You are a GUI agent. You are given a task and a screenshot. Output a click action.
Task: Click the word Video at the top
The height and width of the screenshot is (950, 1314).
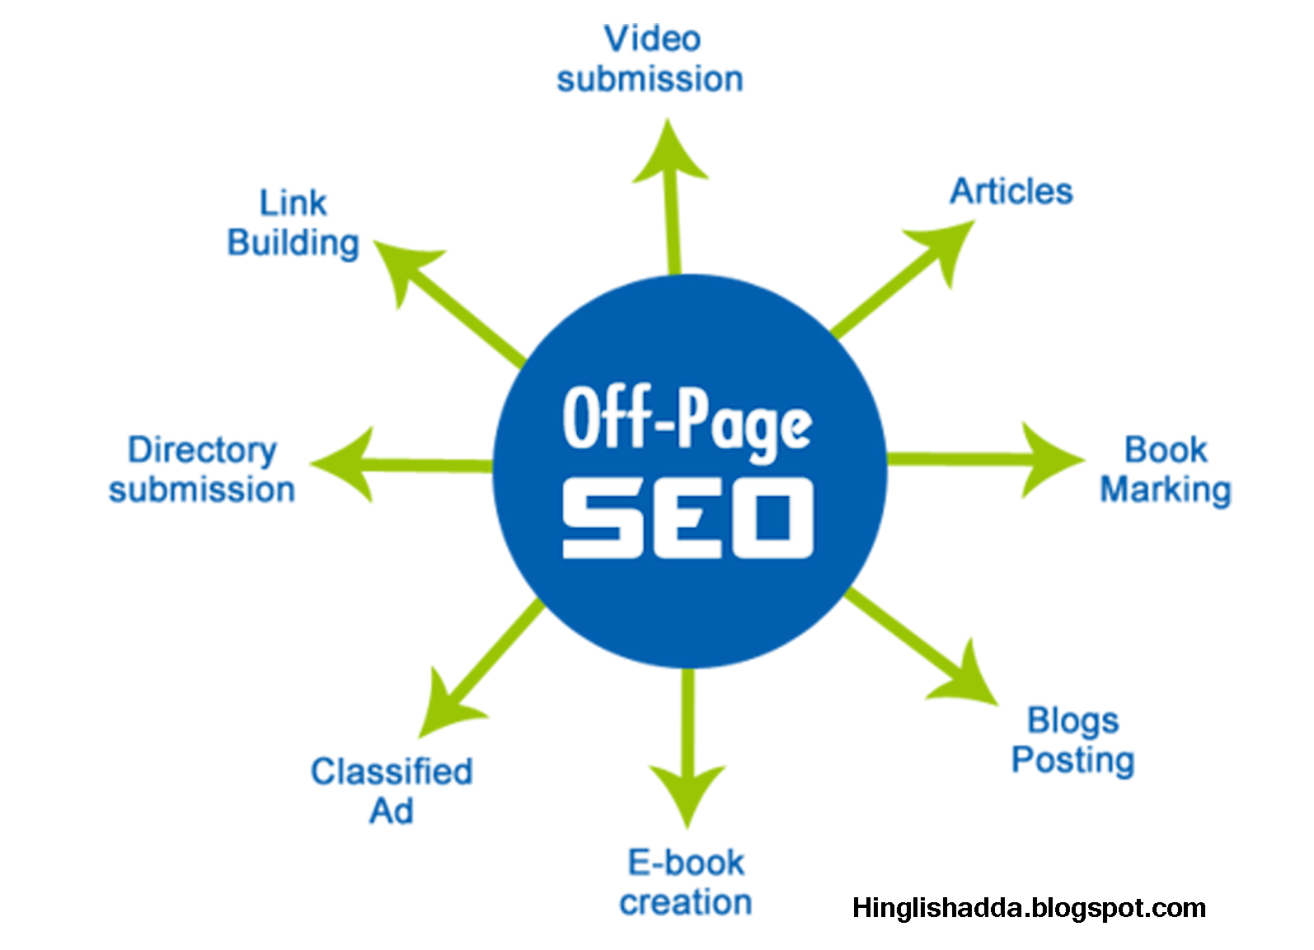pos(651,39)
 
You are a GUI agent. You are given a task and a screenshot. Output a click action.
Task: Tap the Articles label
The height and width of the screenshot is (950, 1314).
pos(1011,191)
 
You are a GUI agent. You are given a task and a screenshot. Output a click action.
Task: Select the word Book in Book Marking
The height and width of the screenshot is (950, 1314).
pos(1166,450)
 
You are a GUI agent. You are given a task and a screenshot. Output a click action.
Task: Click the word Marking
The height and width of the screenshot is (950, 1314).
pos(1166,490)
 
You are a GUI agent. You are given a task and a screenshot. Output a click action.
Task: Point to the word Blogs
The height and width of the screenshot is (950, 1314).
pos(1072,721)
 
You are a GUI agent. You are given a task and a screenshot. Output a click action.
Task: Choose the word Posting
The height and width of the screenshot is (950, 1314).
pos(1072,760)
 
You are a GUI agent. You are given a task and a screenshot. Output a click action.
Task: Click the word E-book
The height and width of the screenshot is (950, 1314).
pos(686,863)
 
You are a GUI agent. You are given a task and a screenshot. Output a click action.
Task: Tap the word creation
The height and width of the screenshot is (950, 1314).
pos(686,902)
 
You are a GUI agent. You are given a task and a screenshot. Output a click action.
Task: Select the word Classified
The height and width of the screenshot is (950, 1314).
pos(392,772)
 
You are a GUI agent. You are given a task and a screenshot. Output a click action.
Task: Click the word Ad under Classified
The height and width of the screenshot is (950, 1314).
pos(392,811)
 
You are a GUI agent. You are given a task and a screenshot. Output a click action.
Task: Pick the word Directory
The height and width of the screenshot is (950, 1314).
pos(202,450)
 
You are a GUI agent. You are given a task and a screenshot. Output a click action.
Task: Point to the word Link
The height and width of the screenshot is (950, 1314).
pos(293,203)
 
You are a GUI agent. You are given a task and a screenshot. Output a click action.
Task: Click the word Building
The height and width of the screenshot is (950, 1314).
pos(293,243)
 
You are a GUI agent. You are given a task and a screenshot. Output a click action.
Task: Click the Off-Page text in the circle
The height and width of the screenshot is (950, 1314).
pos(688,421)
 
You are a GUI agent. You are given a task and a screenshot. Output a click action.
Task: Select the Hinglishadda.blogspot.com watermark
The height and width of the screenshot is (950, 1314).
pos(1029,908)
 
